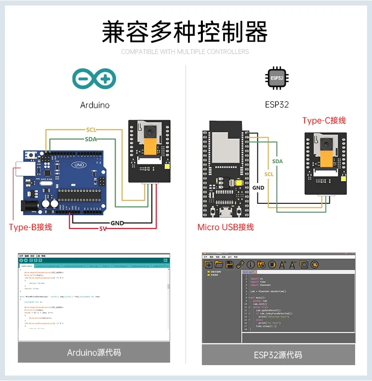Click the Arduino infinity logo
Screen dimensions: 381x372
click(94, 79)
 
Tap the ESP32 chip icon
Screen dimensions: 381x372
click(277, 79)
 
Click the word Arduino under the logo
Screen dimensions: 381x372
click(95, 105)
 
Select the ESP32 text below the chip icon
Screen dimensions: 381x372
click(277, 105)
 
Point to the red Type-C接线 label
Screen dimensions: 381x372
click(324, 121)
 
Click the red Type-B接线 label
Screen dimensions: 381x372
click(30, 227)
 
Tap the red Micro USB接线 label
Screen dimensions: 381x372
click(226, 227)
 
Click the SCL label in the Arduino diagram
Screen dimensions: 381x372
click(91, 129)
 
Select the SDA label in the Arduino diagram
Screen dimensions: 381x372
click(91, 139)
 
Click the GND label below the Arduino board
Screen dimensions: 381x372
click(117, 223)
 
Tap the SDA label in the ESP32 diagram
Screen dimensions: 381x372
click(277, 161)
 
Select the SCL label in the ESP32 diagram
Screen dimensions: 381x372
click(268, 174)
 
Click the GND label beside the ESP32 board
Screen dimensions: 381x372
click(258, 188)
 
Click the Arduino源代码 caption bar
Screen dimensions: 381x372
click(94, 353)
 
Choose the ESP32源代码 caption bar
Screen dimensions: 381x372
click(278, 355)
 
